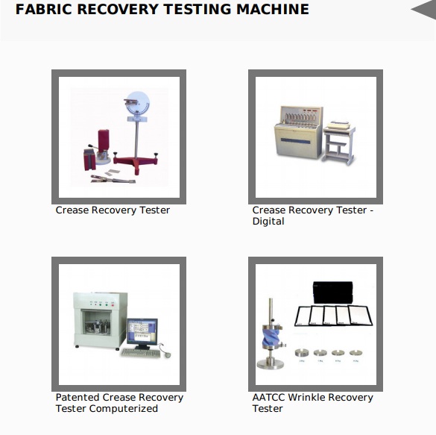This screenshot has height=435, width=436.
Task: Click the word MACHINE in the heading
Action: tap(273, 9)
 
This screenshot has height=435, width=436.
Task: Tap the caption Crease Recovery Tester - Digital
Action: tap(313, 216)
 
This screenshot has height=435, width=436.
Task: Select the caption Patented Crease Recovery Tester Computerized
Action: tap(119, 403)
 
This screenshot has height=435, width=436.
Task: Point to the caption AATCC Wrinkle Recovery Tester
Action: tap(312, 403)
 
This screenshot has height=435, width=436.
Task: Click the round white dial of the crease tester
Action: tap(138, 103)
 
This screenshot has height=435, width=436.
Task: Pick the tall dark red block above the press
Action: tap(103, 141)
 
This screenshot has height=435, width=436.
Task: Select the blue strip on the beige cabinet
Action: tap(295, 141)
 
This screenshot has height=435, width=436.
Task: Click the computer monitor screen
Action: tap(142, 332)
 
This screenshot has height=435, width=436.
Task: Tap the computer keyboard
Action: tap(141, 354)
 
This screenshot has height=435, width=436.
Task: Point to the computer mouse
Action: tap(168, 355)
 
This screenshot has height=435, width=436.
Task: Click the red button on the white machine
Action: tap(113, 305)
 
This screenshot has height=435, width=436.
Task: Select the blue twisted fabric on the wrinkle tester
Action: tap(271, 336)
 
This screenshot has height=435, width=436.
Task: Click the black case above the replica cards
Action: tap(333, 292)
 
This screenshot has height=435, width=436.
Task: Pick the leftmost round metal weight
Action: tap(302, 353)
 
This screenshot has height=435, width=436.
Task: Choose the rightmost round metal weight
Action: tap(356, 353)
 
